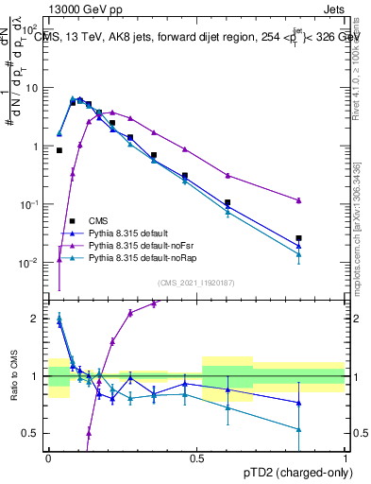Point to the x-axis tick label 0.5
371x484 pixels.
[x=197, y=457]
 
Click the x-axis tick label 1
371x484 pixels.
[x=346, y=457]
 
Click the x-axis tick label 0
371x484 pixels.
[x=48, y=457]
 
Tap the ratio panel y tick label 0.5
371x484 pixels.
[x=33, y=434]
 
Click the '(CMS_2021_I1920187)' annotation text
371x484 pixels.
[x=196, y=281]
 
